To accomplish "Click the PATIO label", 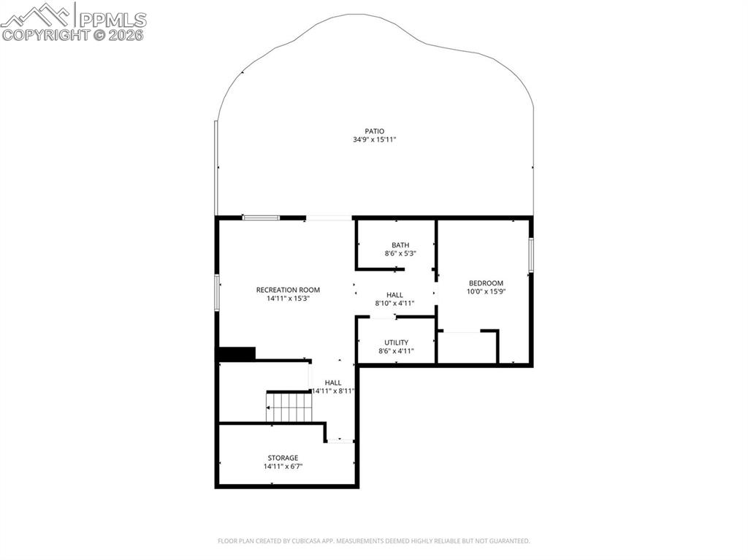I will click(374, 131).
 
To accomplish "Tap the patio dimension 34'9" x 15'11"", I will click(374, 140).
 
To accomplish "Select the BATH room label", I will click(400, 245).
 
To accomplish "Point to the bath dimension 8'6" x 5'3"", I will click(400, 254).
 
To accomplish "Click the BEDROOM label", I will click(486, 283).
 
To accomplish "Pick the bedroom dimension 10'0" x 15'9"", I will click(486, 291).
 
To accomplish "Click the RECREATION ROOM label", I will click(288, 290).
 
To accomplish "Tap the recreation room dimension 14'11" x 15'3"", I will click(288, 299).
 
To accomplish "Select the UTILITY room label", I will click(397, 342).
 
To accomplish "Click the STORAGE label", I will click(283, 458).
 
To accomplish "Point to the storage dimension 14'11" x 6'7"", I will click(283, 467).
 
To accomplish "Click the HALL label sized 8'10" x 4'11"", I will click(394, 295).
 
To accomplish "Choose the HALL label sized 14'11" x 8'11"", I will click(333, 383).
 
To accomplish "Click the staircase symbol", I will click(289, 407).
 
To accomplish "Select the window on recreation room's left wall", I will click(217, 292).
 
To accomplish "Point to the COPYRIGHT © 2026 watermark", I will click(73, 34).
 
